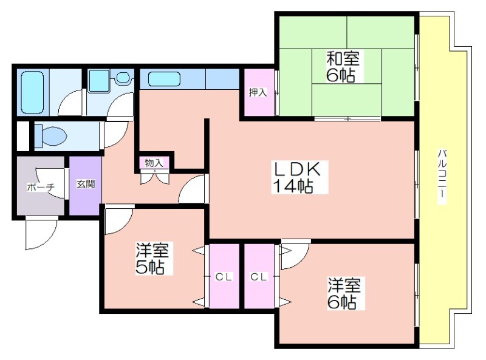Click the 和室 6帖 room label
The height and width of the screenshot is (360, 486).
click(342, 67)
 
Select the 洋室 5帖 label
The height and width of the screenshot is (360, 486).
click(152, 259)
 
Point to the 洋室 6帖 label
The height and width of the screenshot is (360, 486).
click(344, 293)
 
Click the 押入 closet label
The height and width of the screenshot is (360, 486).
click(258, 92)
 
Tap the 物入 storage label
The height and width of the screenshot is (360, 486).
click(154, 163)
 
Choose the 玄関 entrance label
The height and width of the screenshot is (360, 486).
click(86, 184)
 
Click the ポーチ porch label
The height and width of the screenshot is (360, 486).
click(41, 187)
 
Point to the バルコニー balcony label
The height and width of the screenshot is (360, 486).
click(442, 177)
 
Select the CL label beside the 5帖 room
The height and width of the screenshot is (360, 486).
click(224, 277)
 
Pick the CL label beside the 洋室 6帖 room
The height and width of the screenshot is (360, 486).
click(259, 277)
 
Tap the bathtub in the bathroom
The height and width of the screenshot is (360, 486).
click(32, 92)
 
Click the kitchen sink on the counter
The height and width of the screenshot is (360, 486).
click(164, 80)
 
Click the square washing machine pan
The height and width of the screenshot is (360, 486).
click(98, 81)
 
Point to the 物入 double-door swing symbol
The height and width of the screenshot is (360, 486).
click(154, 178)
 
